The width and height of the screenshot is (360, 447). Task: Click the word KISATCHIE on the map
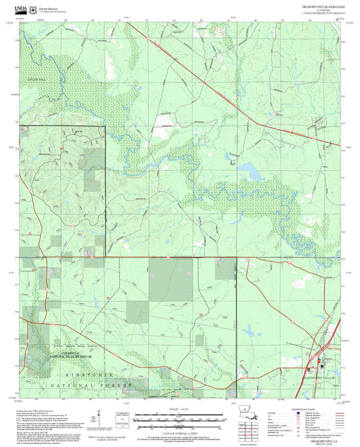coord(74,373)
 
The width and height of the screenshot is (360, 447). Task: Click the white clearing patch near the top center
coord(164,121)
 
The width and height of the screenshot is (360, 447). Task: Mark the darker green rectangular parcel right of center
coord(226,269)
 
